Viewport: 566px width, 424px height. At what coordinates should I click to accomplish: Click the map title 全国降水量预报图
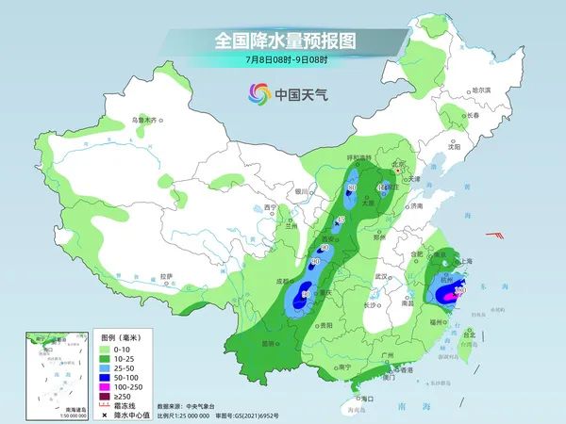(282, 41)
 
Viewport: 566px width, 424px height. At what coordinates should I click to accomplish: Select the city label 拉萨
(167, 276)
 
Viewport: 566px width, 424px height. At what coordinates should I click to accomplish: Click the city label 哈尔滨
(482, 90)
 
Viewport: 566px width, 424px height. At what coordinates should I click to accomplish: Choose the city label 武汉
(381, 276)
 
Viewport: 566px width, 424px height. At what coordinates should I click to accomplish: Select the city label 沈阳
(456, 147)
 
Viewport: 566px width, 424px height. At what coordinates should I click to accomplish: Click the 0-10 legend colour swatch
(109, 350)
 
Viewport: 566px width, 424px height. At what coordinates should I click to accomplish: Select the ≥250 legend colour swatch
(109, 397)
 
